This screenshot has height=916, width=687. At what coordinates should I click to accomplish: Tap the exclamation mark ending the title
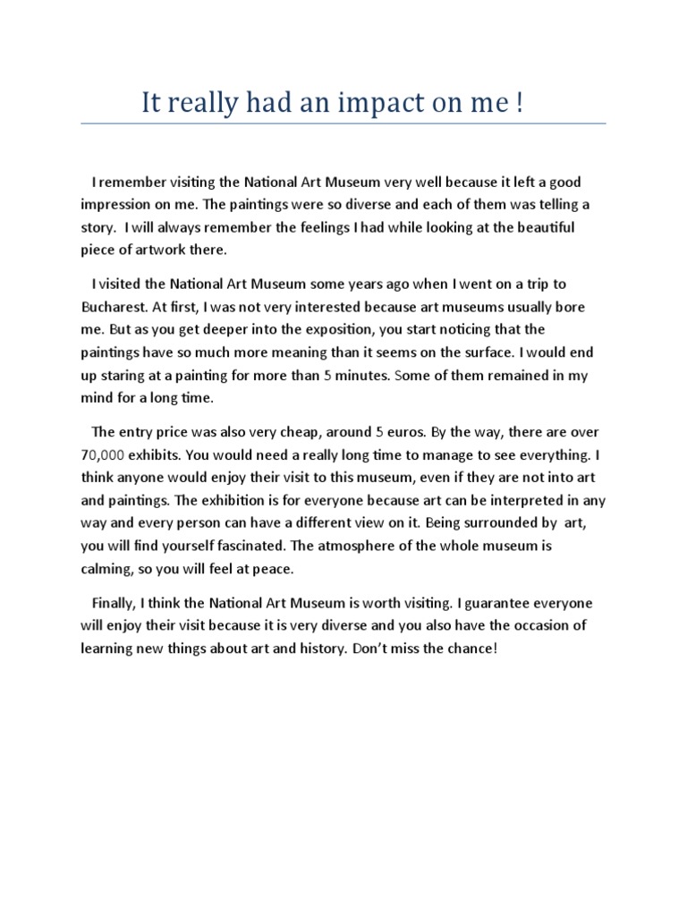pos(519,104)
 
